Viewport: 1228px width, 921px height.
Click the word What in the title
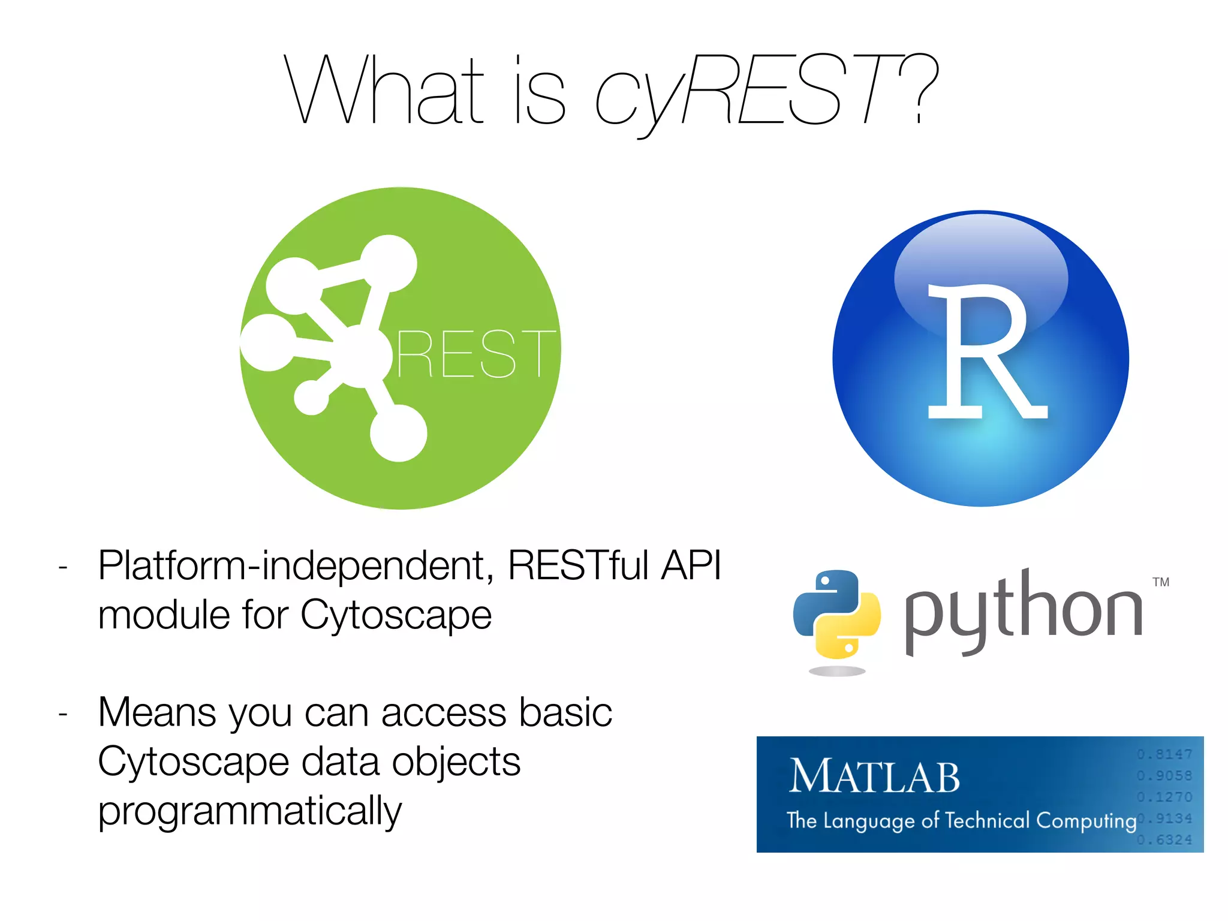pos(384,90)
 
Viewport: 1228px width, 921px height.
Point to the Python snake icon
pos(836,615)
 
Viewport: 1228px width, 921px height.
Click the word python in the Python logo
pos(1023,612)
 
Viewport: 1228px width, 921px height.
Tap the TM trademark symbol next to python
pos(1161,582)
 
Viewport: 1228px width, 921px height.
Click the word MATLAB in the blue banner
pos(874,777)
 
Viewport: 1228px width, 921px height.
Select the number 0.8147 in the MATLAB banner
pos(1164,754)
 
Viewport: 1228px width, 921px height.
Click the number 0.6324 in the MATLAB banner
pos(1164,840)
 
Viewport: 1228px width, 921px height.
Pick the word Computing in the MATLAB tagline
pos(1086,820)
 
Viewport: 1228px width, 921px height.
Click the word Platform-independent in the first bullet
pos(296,565)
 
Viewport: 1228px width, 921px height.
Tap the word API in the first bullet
pos(691,565)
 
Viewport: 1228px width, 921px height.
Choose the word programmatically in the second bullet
pos(249,811)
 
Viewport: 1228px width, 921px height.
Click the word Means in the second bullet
pos(157,713)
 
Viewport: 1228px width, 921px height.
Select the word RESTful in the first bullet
pos(578,565)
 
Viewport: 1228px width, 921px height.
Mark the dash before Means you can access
pos(63,714)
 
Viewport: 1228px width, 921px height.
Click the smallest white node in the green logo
pos(311,398)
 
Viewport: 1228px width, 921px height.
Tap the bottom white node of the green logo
pos(398,433)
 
